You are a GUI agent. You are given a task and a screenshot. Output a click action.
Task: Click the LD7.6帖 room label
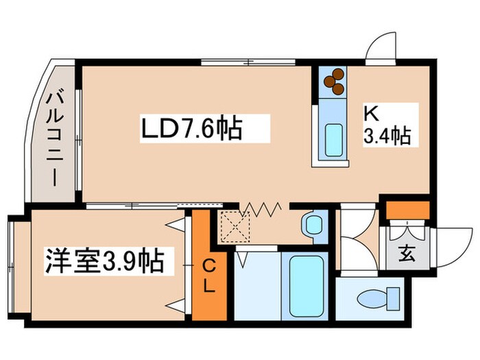[192, 128]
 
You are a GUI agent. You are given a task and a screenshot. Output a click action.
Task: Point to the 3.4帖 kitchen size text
[385, 136]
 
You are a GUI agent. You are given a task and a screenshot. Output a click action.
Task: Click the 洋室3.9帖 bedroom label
[104, 261]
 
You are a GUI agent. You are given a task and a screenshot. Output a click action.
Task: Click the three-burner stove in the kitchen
[333, 81]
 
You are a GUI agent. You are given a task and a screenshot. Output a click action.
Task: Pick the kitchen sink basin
[334, 139]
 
